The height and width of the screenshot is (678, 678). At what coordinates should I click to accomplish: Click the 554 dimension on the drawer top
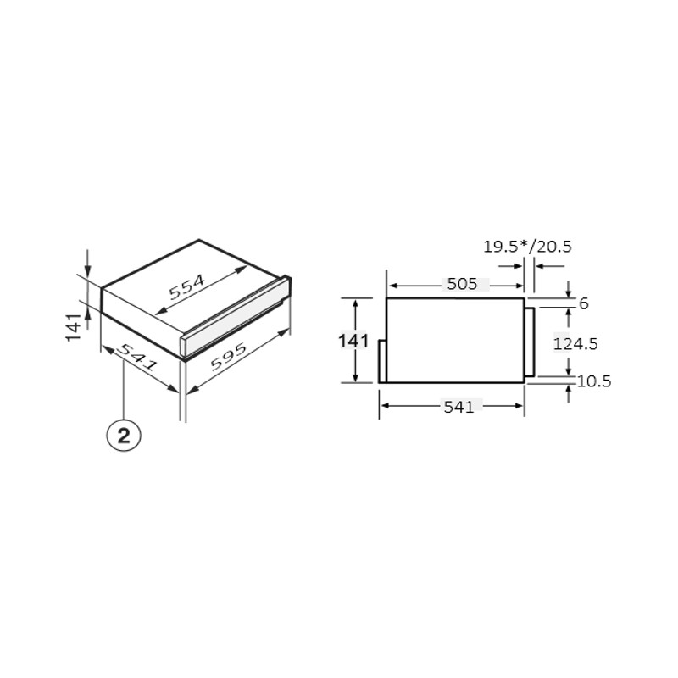pos(186,287)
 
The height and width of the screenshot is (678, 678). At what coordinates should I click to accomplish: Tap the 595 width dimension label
pos(228,357)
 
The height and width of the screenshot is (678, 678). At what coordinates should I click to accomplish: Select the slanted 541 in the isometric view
pos(138,357)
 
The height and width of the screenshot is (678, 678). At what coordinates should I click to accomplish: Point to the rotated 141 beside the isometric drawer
pos(74,326)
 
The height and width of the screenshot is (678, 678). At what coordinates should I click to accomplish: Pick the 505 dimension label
pos(462,284)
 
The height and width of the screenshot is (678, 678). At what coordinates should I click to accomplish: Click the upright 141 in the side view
pos(353,341)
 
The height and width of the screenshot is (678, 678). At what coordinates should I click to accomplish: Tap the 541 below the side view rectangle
pos(458,407)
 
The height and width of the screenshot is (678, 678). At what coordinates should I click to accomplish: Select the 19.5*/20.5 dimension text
pos(527,247)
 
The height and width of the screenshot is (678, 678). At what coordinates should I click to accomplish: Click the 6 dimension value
pos(583,303)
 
